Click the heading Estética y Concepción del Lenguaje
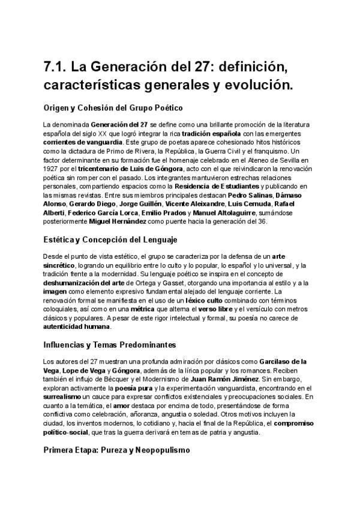point(110,241)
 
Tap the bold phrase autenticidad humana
point(76,327)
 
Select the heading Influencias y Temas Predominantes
point(109,345)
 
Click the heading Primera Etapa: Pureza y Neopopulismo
point(116,450)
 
